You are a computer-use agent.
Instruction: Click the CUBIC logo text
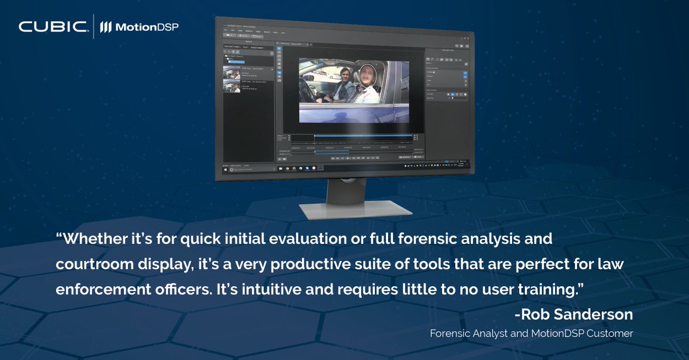53,27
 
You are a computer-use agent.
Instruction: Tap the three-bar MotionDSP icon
106,27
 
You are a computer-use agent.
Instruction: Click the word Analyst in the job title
482,333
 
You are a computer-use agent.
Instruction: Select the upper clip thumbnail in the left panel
232,71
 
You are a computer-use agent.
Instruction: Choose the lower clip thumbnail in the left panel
231,85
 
